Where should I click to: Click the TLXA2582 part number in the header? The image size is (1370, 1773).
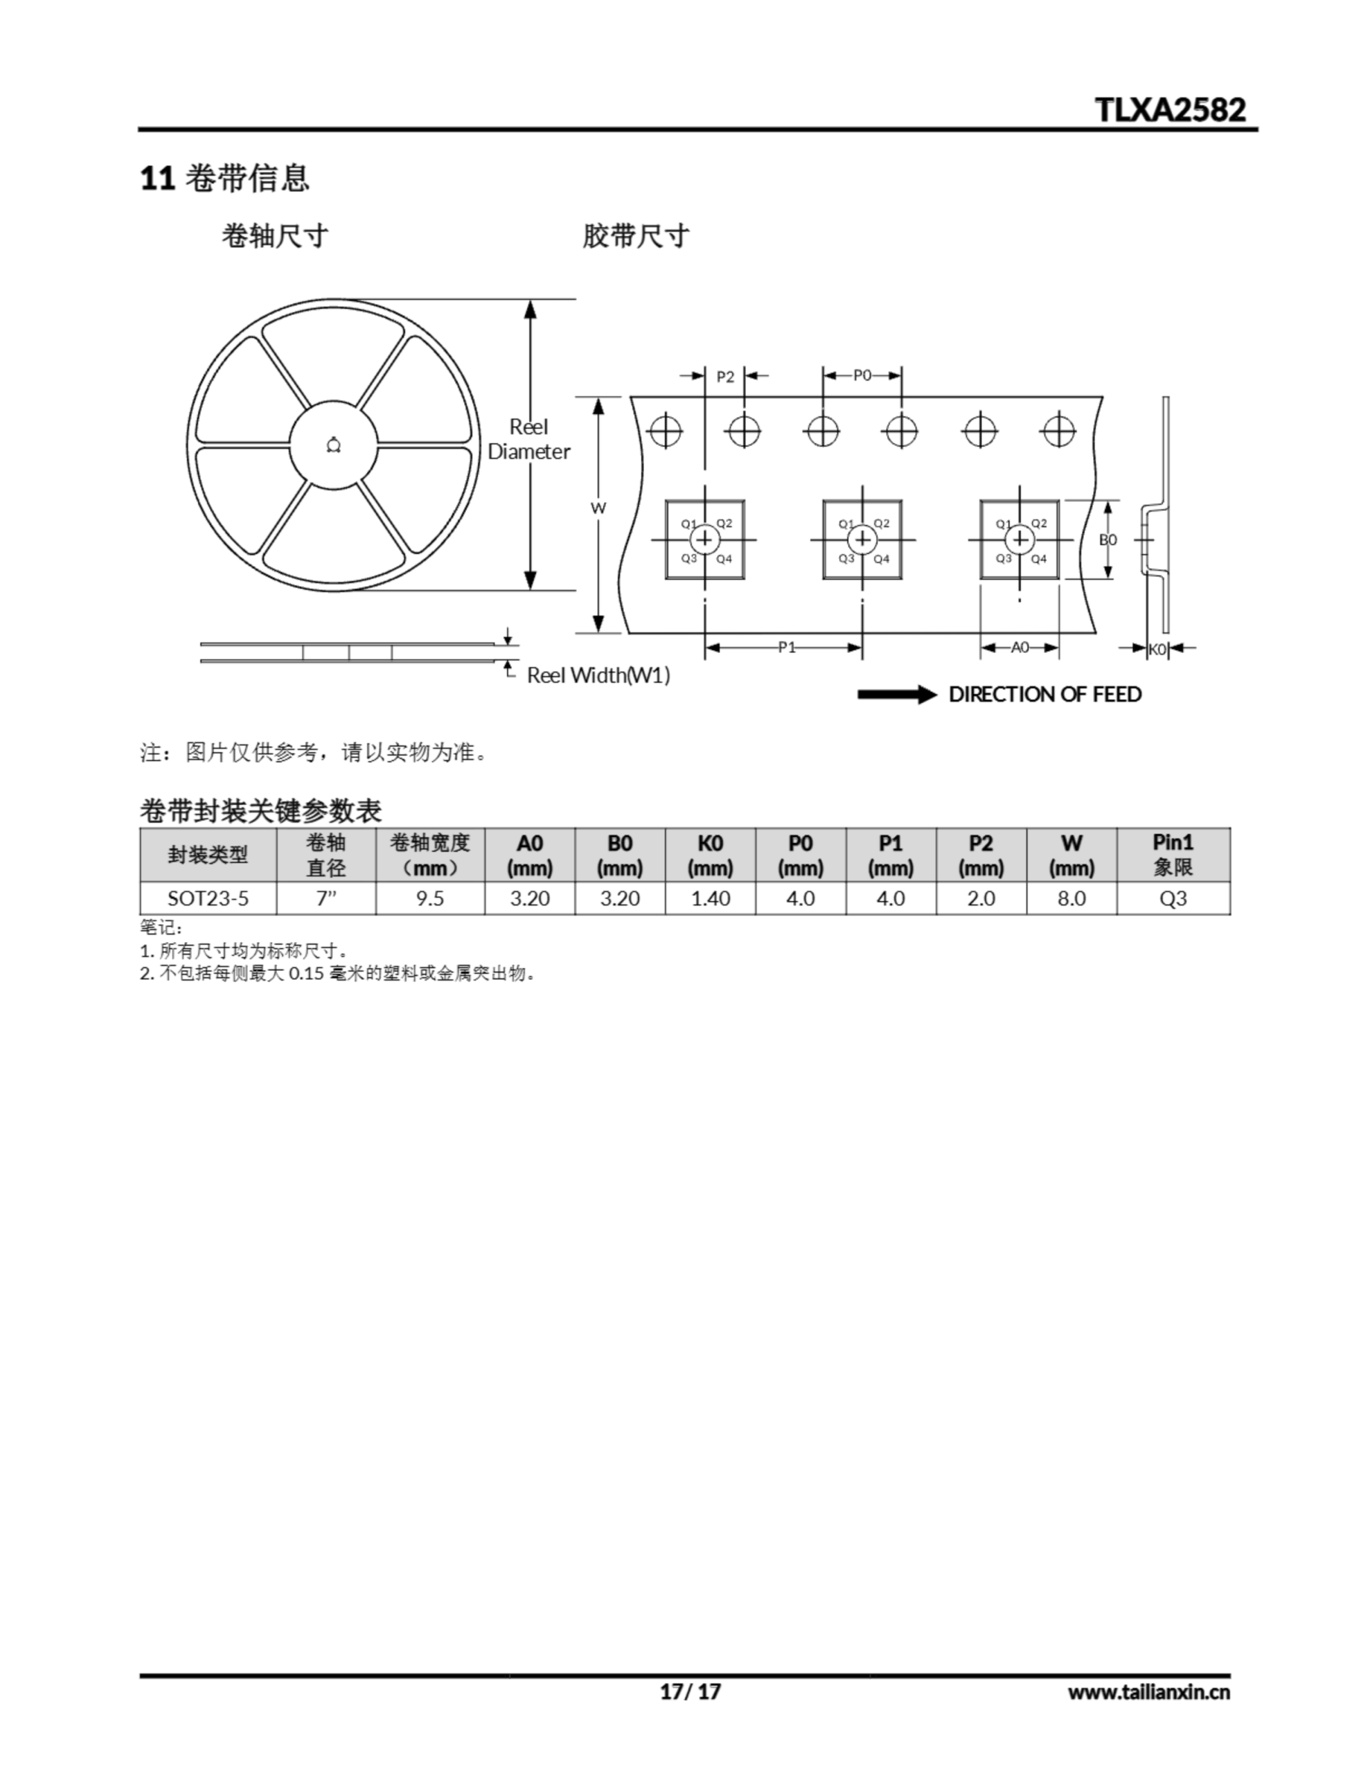(x=1171, y=109)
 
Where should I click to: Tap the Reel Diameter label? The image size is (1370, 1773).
(x=528, y=439)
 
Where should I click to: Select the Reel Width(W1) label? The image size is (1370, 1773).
(x=598, y=675)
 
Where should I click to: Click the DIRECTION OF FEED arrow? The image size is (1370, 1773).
(x=898, y=695)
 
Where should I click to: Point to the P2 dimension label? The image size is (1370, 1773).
(x=725, y=377)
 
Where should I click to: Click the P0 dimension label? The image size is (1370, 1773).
(x=862, y=375)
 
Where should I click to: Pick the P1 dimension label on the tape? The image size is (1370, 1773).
(x=787, y=647)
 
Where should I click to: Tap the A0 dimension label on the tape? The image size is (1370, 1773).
(x=1020, y=647)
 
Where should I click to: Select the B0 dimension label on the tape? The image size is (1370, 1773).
(x=1107, y=540)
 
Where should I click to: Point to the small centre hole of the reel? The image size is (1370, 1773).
(x=333, y=445)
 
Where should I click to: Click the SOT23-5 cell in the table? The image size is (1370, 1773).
(x=208, y=899)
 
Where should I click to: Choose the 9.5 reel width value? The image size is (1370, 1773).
(x=430, y=899)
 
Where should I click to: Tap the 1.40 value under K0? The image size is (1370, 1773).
(x=711, y=899)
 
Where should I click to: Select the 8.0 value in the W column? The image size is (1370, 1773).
(x=1072, y=899)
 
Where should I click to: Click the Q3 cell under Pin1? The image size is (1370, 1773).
(x=1173, y=899)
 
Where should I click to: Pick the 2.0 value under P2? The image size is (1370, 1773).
(x=981, y=899)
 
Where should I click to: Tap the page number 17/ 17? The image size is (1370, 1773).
(x=691, y=1692)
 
